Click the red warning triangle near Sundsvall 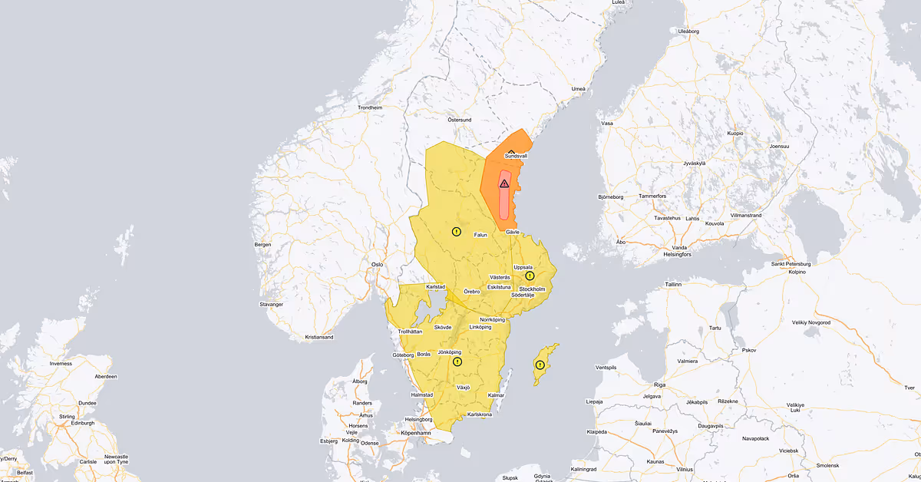point(504,184)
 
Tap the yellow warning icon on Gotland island point(540,365)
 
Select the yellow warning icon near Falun point(457,231)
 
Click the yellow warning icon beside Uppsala point(530,276)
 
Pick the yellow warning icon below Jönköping point(457,361)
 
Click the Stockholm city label point(532,289)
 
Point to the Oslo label point(377,265)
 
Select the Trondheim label point(369,108)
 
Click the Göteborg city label point(403,355)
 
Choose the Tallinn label point(673,284)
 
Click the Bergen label point(262,245)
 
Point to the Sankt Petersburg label point(791,264)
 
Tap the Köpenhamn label point(416,434)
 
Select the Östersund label point(459,121)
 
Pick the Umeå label point(579,89)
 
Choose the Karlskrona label point(479,414)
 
